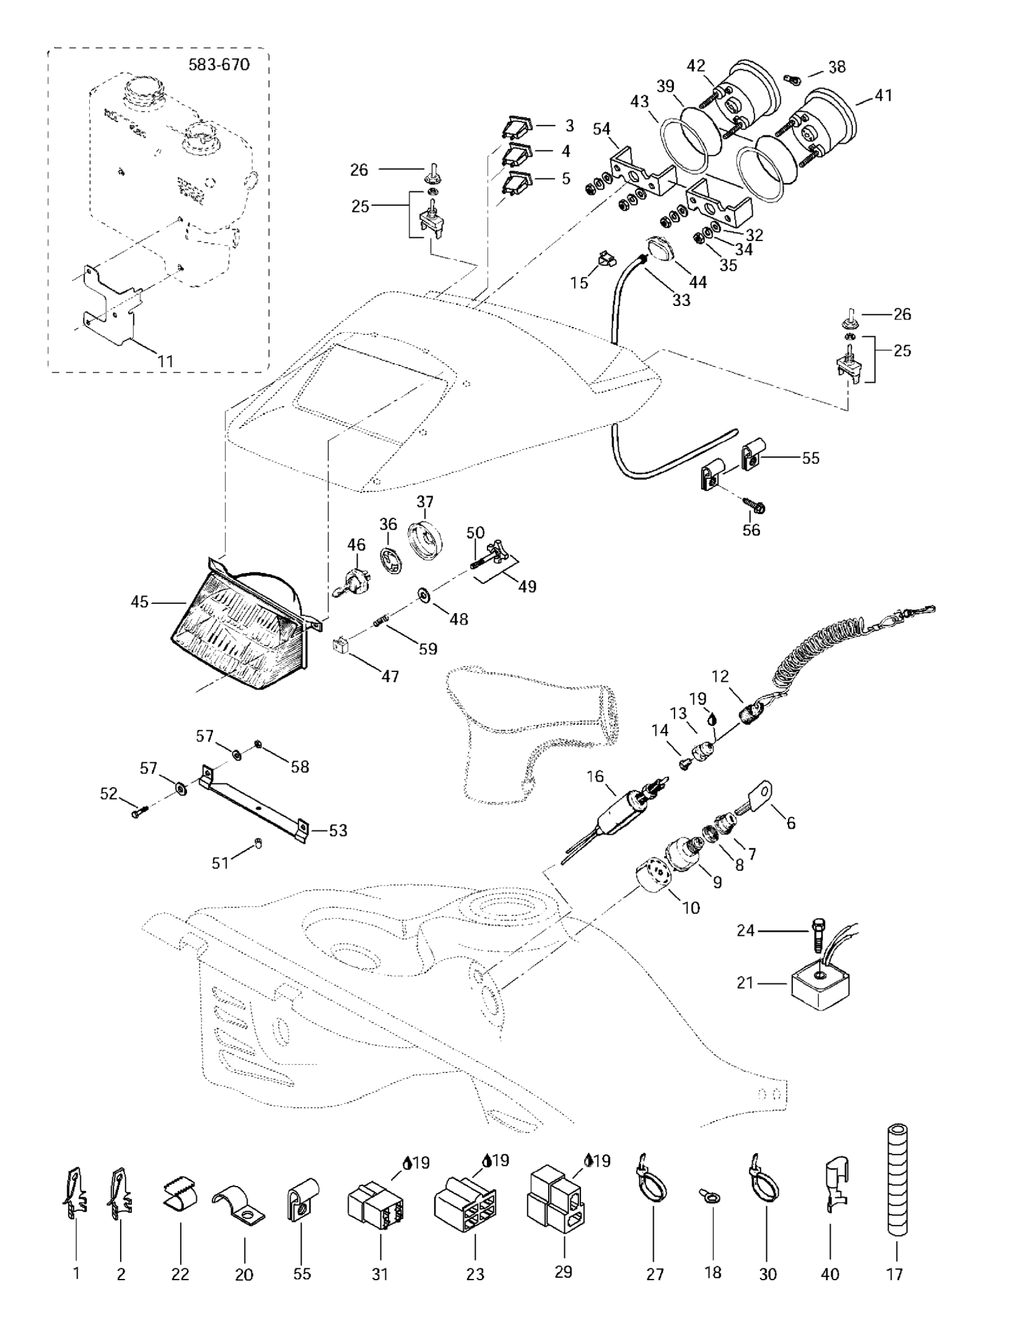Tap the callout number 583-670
[219, 64]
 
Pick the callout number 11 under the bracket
[165, 361]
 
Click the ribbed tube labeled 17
[896, 1180]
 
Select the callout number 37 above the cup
[425, 501]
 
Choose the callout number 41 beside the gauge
[883, 96]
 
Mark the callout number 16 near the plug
[596, 777]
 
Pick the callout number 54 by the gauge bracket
[602, 129]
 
